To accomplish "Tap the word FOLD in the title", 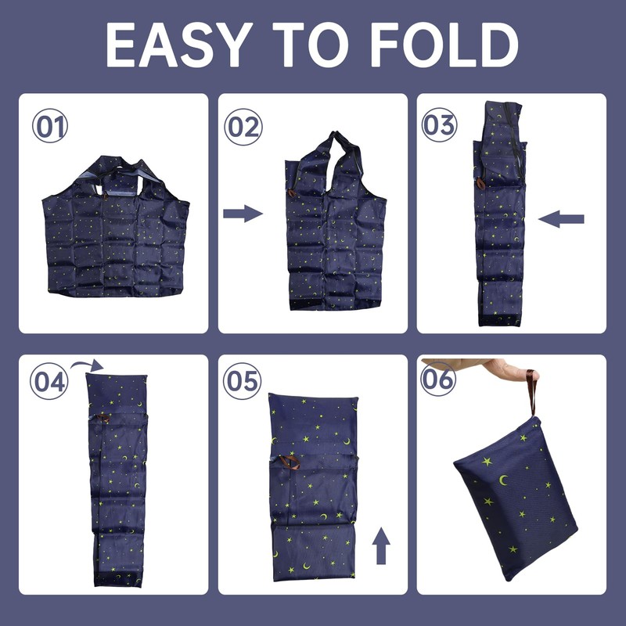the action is tap(444, 45).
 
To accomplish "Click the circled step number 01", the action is tap(50, 126).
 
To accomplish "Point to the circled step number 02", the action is tap(243, 127).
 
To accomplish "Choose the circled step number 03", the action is tap(439, 124).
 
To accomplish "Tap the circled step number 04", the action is tap(49, 381).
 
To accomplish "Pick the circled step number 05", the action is tap(242, 381).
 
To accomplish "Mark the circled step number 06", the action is tap(438, 379).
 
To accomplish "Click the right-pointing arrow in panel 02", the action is tap(243, 214).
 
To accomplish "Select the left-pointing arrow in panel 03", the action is tap(561, 219).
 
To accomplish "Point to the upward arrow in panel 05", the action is tap(381, 545).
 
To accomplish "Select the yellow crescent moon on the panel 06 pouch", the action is tap(504, 480).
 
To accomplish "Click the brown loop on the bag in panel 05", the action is tap(290, 462).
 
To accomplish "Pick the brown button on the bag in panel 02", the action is tap(292, 193).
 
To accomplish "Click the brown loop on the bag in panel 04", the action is tap(103, 418).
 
